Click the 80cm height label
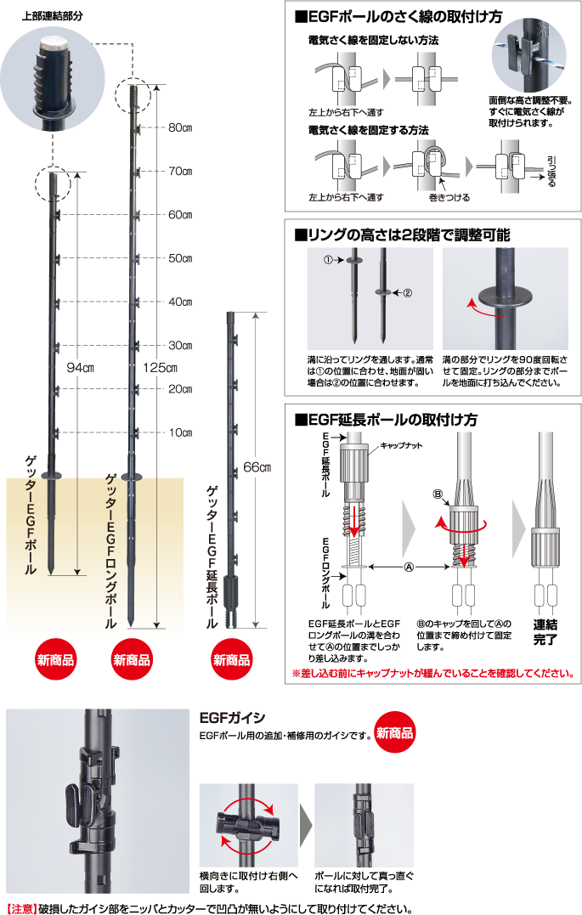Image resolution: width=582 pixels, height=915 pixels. tap(180, 128)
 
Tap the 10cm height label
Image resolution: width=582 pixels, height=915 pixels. tap(180, 432)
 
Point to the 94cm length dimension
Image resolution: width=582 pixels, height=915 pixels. tap(80, 368)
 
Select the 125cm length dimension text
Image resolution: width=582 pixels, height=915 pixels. tap(160, 368)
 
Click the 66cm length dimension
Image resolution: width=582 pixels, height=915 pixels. tap(256, 468)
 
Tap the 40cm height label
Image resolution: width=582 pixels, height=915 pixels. tap(180, 302)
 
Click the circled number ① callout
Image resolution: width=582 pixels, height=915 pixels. tap(329, 260)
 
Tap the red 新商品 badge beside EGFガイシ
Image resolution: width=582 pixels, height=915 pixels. tap(394, 731)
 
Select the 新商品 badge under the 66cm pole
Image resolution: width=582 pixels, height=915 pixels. tap(231, 660)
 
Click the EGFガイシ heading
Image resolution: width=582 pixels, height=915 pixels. tap(231, 718)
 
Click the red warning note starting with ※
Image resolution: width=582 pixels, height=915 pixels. tap(432, 674)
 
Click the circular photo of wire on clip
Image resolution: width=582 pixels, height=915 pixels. tap(528, 51)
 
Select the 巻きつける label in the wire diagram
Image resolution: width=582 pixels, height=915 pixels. tap(449, 196)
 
